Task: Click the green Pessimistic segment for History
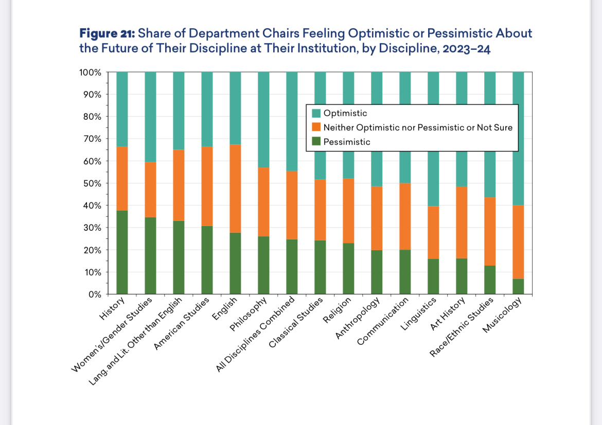[122, 252]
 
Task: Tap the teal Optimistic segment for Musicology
[518, 138]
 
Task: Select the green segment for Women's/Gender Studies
[150, 256]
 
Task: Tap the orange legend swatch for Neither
[316, 127]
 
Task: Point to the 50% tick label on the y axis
[91, 183]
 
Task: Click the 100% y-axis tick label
[90, 72]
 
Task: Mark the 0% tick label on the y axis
[94, 294]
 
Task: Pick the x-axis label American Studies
[183, 324]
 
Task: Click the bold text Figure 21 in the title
[107, 34]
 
